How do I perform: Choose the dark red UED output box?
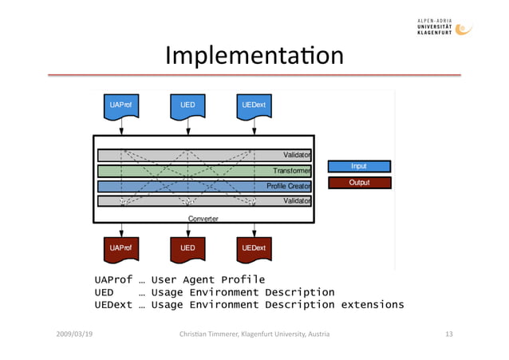click(187, 248)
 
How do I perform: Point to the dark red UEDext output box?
click(254, 248)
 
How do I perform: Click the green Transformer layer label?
click(291, 171)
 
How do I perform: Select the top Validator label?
click(297, 155)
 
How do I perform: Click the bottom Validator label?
click(297, 201)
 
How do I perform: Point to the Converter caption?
click(203, 218)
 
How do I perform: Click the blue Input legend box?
click(359, 167)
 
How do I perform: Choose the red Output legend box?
click(359, 183)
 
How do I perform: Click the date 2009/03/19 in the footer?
click(74, 333)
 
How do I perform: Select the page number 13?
click(448, 333)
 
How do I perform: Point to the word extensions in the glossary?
click(373, 305)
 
